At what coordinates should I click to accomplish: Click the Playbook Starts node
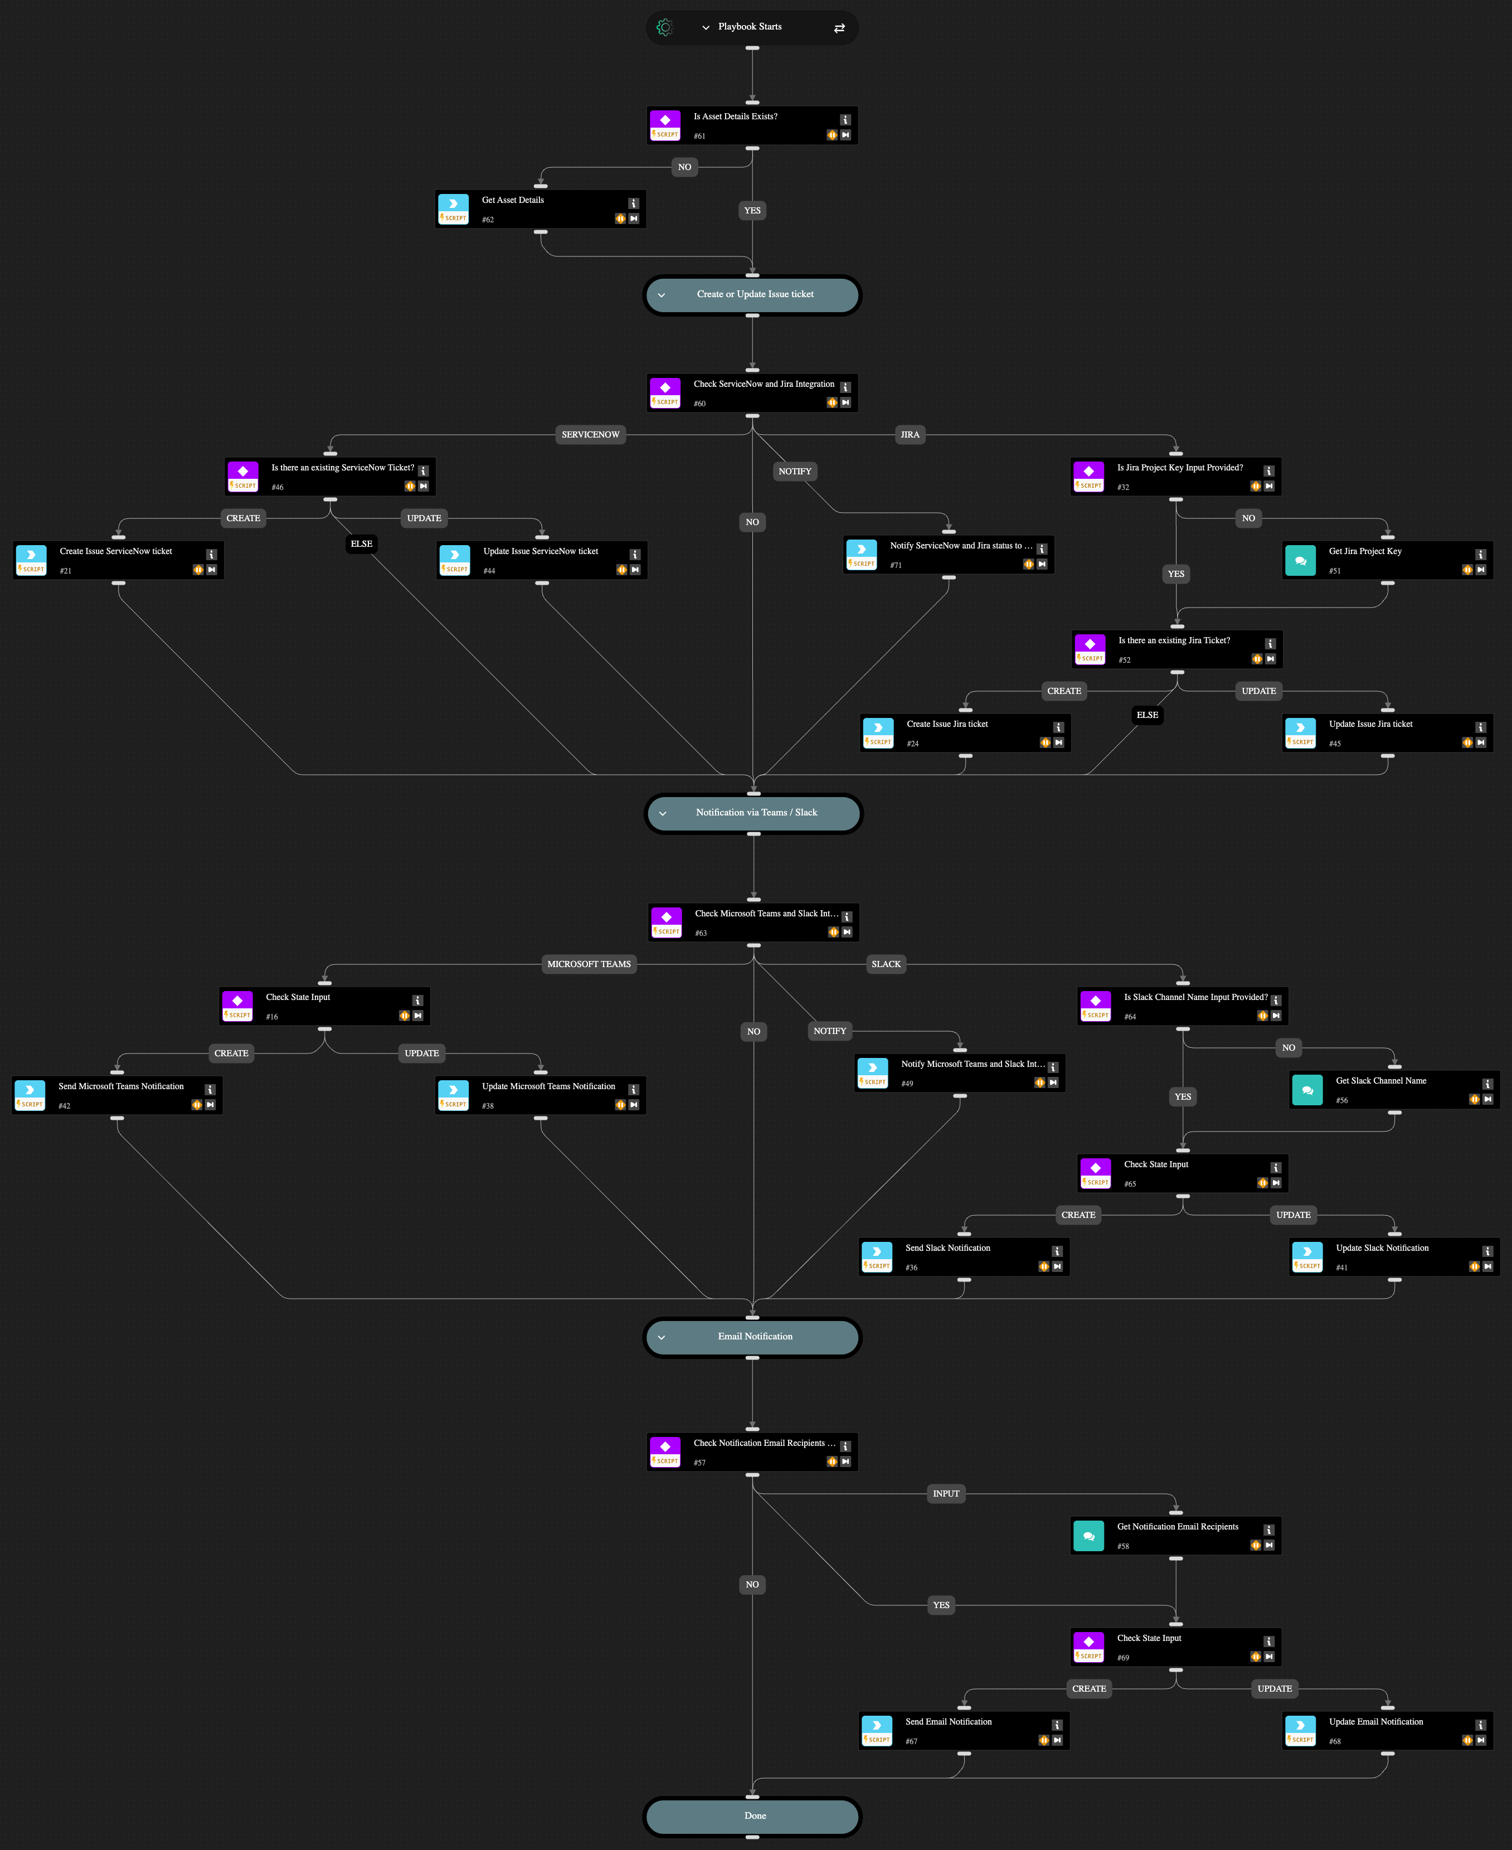(751, 27)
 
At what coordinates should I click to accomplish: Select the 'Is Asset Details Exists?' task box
(752, 125)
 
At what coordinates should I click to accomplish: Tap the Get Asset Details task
(540, 209)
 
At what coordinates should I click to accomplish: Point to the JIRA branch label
(910, 435)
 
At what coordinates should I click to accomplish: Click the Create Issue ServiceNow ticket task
(119, 560)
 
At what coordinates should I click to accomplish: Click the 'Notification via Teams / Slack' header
(754, 813)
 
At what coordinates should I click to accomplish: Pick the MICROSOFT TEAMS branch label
(589, 964)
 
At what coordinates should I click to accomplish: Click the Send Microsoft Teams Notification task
(116, 1095)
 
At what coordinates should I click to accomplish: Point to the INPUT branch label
(946, 1494)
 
